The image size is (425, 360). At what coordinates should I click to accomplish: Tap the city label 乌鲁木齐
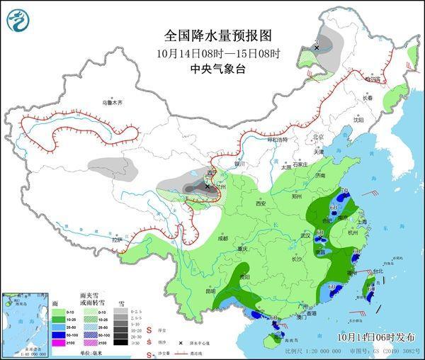point(112,103)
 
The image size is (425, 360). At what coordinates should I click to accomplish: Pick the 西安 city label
point(259,203)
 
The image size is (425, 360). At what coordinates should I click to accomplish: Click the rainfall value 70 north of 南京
point(344,192)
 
